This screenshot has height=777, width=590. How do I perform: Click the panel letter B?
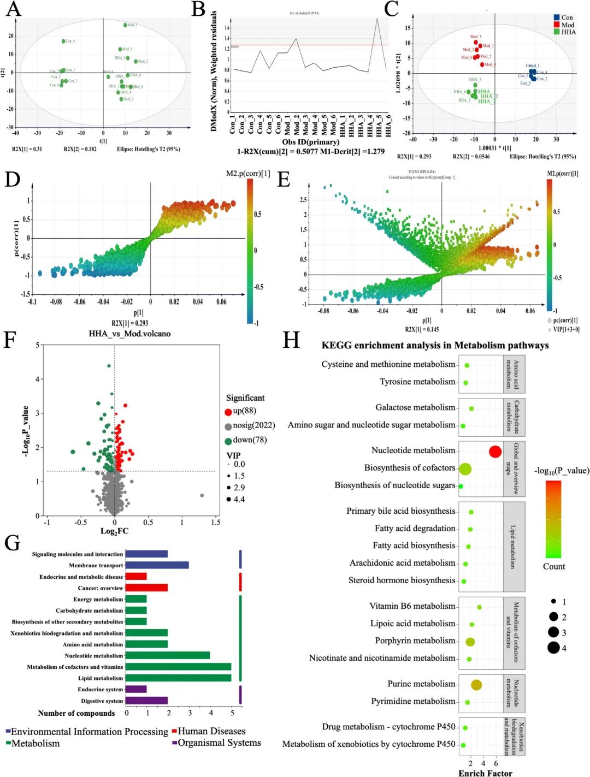[x=198, y=9]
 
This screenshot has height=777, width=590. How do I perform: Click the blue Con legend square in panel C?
[x=557, y=17]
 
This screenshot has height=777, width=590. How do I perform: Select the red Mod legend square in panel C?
[x=557, y=25]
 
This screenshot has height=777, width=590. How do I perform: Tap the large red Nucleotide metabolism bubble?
[x=495, y=452]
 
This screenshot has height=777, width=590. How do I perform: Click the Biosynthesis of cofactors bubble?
[x=465, y=468]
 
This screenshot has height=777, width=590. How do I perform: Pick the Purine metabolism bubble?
[x=476, y=685]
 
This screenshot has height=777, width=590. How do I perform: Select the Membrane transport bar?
[x=157, y=565]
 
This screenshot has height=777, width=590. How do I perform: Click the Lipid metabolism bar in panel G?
[x=178, y=678]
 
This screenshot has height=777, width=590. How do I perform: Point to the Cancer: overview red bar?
[x=146, y=588]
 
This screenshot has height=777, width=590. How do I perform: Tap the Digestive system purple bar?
[x=146, y=701]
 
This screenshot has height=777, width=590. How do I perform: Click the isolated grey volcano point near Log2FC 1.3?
[x=202, y=495]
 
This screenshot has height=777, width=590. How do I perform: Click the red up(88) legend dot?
[x=228, y=412]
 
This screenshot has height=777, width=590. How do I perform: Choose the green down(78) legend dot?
[x=228, y=441]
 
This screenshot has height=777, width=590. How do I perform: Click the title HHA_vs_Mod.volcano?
[x=129, y=334]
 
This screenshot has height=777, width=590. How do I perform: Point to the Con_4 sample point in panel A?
[x=63, y=41]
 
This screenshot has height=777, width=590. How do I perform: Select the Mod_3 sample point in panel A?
[x=125, y=25]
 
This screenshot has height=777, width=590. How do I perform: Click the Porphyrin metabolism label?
[x=415, y=640]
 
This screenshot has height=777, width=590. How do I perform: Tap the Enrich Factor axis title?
[x=485, y=773]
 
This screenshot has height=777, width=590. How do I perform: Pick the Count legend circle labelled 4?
[x=553, y=648]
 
